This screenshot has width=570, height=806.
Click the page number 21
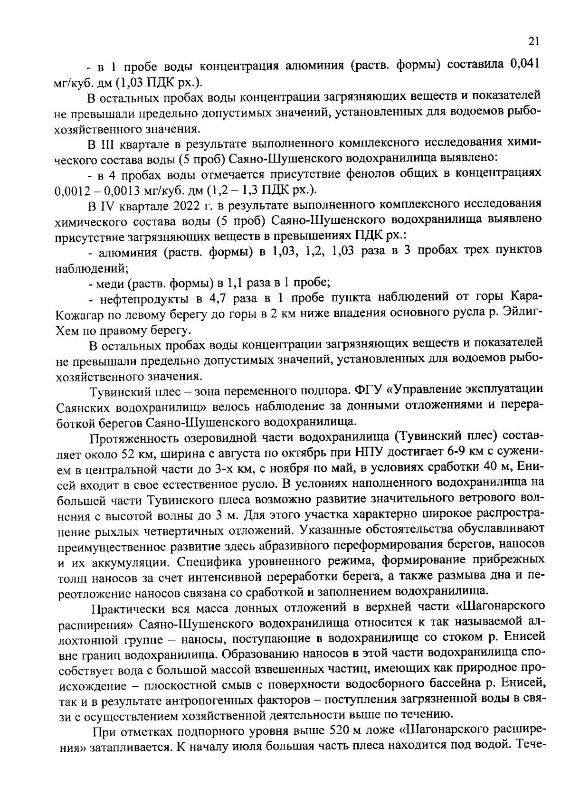pyautogui.click(x=533, y=42)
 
